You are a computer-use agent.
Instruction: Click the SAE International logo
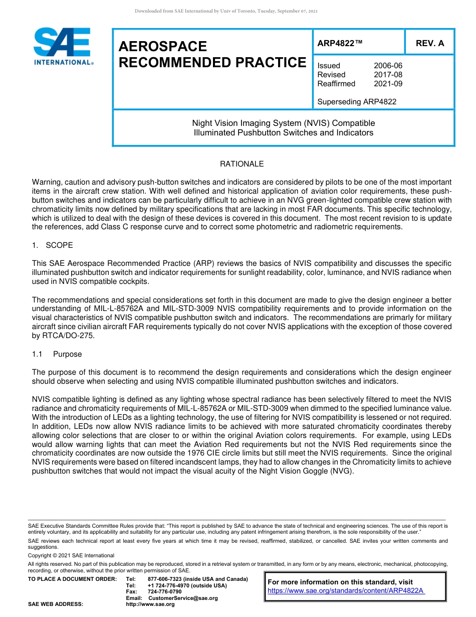[62, 46]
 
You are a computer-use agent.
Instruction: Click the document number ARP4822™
[339, 43]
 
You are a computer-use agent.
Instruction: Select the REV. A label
[429, 43]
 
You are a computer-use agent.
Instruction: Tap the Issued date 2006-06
[388, 66]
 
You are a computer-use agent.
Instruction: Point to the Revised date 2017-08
[388, 75]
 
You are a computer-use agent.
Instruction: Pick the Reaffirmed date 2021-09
[388, 84]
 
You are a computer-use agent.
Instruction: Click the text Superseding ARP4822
[357, 102]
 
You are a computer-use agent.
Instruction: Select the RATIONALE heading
[242, 164]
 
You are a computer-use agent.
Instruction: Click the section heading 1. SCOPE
[53, 245]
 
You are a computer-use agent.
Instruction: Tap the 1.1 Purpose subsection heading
[57, 354]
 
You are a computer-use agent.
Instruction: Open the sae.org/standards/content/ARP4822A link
[346, 591]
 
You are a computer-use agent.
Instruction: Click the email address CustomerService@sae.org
[183, 598]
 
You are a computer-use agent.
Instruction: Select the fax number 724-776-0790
[165, 592]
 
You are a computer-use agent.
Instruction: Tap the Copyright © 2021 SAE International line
[71, 555]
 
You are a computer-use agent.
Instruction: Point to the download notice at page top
[226, 11]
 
